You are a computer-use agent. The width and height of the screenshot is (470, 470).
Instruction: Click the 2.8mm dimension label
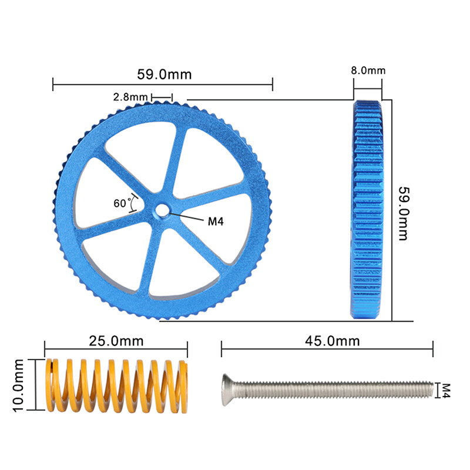[x=130, y=97]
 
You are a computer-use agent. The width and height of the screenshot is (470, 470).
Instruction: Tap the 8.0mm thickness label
[x=368, y=70]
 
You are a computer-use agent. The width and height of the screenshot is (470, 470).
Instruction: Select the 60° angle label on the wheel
[x=122, y=203]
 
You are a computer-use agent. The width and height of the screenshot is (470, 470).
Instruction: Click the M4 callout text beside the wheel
[x=216, y=221]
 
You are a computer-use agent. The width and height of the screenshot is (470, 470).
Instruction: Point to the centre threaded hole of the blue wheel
[x=162, y=210]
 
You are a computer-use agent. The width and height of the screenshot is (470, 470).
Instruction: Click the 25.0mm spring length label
[x=116, y=341]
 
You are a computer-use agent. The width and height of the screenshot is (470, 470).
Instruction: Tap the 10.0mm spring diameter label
[x=18, y=385]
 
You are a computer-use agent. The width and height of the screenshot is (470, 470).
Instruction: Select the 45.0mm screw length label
[x=333, y=341]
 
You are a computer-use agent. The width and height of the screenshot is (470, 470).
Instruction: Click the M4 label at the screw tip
[x=446, y=391]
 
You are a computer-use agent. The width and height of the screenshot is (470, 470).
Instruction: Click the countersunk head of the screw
[x=228, y=390]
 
